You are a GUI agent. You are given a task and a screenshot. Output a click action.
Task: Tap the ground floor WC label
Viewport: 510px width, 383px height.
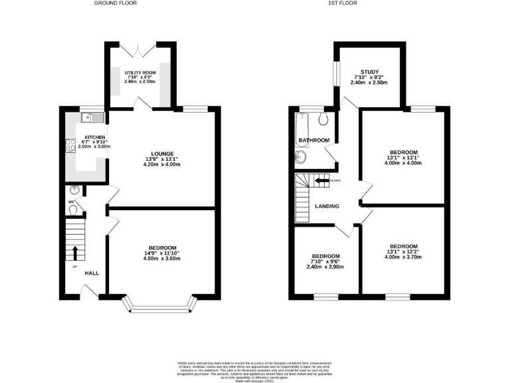coord(71,202)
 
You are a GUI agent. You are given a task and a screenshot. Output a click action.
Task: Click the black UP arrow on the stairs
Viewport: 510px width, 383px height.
coord(75,253)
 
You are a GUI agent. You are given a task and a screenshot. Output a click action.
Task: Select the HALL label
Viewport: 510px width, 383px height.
coord(92,273)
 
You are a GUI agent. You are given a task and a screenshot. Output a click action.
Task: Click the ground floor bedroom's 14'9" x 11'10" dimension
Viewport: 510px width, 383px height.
coord(162,253)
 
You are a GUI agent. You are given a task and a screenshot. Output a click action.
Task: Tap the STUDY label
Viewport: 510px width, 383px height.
coord(369,72)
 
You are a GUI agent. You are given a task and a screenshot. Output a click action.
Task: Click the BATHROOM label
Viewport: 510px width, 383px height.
coord(313,140)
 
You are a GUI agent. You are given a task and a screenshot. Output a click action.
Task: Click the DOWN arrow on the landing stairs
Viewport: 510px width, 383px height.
coord(323,180)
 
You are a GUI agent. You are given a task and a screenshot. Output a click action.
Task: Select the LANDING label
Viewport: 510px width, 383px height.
coord(326,206)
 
